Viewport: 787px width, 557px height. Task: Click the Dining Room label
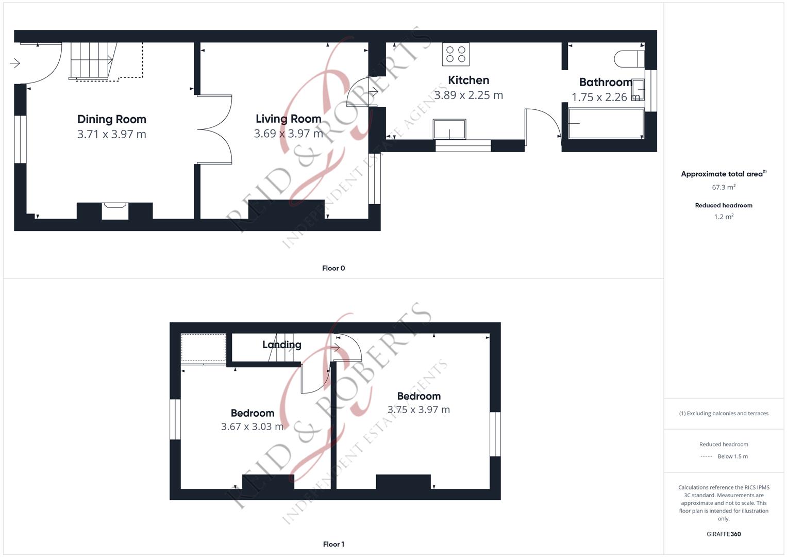pos(112,119)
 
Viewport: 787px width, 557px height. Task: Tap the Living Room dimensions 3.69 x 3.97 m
pos(288,134)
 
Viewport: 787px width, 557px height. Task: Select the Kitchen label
pos(468,80)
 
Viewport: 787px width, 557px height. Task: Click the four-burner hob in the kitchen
pos(456,55)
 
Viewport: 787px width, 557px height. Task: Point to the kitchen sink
pos(449,129)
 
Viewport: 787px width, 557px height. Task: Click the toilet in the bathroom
pos(629,59)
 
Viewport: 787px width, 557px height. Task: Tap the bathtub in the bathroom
pos(606,123)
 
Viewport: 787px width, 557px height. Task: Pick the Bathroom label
pos(606,83)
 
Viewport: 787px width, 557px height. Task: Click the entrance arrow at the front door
pos(15,63)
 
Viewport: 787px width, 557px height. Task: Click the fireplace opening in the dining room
pos(115,211)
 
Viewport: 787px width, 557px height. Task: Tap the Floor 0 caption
pos(333,268)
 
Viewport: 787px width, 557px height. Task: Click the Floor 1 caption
pos(333,544)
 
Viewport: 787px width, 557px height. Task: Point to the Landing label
pos(282,345)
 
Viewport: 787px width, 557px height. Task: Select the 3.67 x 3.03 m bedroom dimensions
pos(252,427)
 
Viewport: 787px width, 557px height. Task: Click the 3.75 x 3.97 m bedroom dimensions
pos(418,409)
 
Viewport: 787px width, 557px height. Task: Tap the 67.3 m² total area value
pos(724,187)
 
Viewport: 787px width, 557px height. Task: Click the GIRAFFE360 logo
pos(724,534)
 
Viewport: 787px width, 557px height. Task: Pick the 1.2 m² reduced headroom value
pos(724,217)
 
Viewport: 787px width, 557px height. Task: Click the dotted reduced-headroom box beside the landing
pos(204,348)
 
